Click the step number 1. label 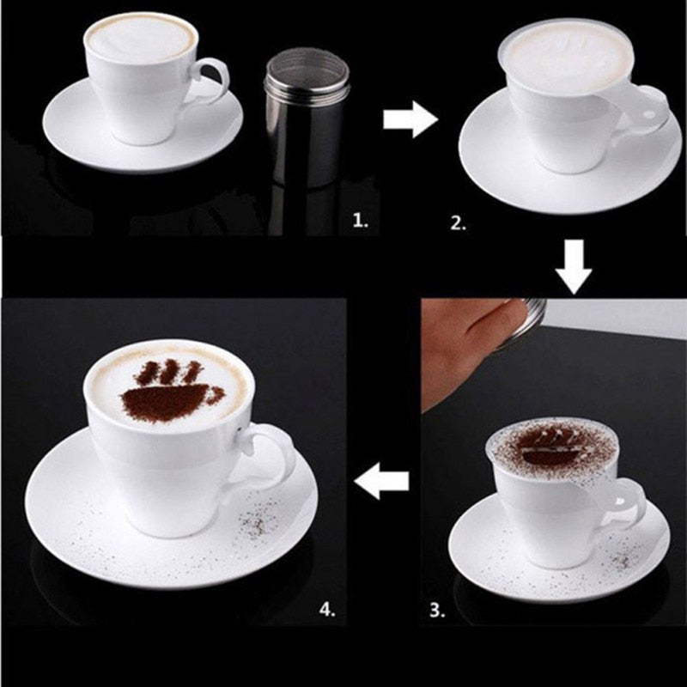tap(361, 222)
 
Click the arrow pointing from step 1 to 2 tap(410, 120)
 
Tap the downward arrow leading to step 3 tap(574, 265)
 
